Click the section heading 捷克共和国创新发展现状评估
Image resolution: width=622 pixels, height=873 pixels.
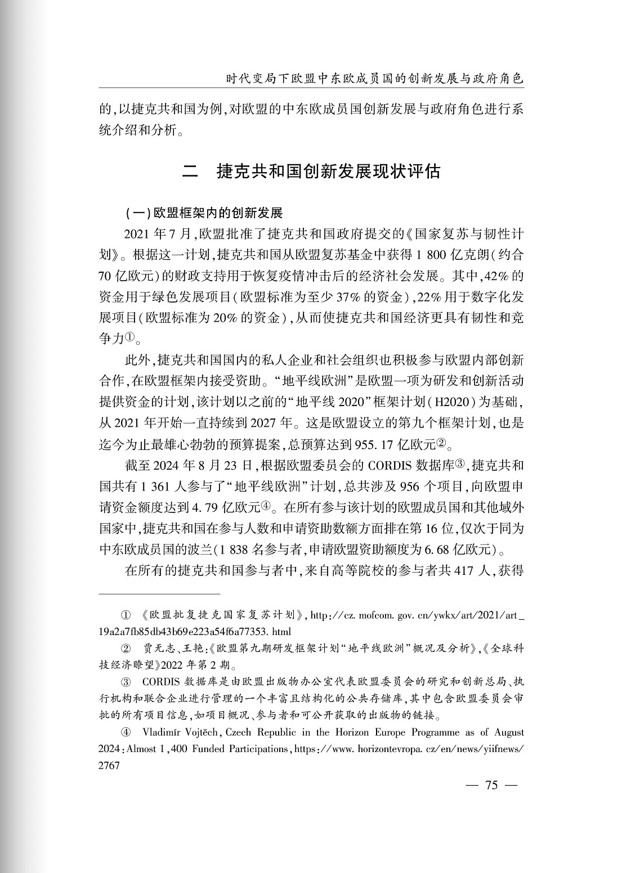point(328,172)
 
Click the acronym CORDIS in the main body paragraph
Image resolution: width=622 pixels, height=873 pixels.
point(391,466)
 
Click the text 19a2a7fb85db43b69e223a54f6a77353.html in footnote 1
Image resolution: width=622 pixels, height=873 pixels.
point(194,631)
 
